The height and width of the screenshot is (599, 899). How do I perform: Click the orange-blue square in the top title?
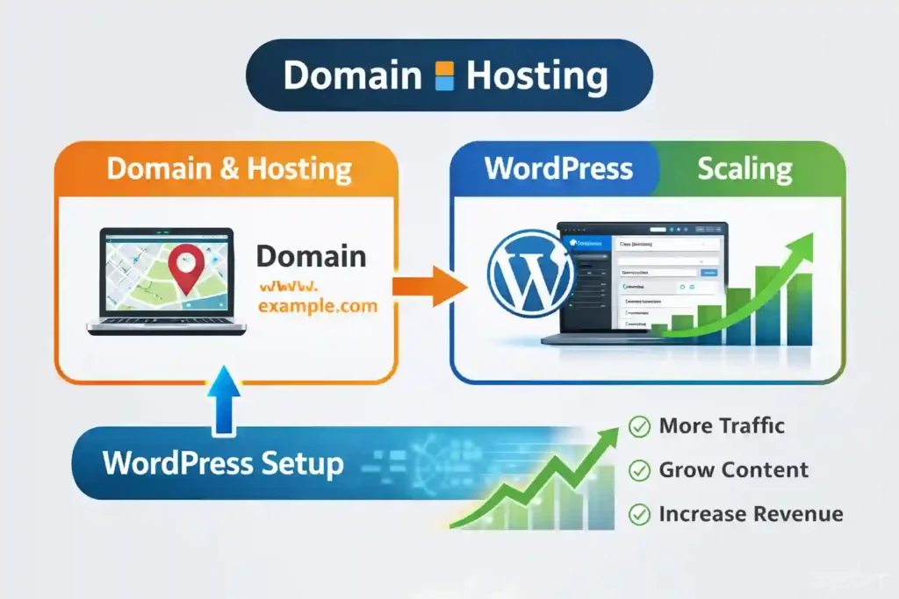[445, 76]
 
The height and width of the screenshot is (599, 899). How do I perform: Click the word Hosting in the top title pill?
[536, 77]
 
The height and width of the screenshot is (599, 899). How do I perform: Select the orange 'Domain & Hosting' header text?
[229, 168]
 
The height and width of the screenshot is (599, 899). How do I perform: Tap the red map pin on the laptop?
[183, 266]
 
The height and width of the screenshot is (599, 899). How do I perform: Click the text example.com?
[318, 307]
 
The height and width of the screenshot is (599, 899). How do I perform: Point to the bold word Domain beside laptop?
[312, 257]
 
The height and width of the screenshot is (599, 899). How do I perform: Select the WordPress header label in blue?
[559, 168]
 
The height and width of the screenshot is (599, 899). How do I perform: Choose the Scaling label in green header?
[744, 168]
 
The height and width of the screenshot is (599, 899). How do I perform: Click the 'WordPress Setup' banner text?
[223, 462]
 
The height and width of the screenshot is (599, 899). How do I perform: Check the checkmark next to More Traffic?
[639, 427]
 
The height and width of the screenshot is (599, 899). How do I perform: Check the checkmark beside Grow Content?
[639, 471]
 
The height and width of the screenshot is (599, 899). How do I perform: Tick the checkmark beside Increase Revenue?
[639, 515]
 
